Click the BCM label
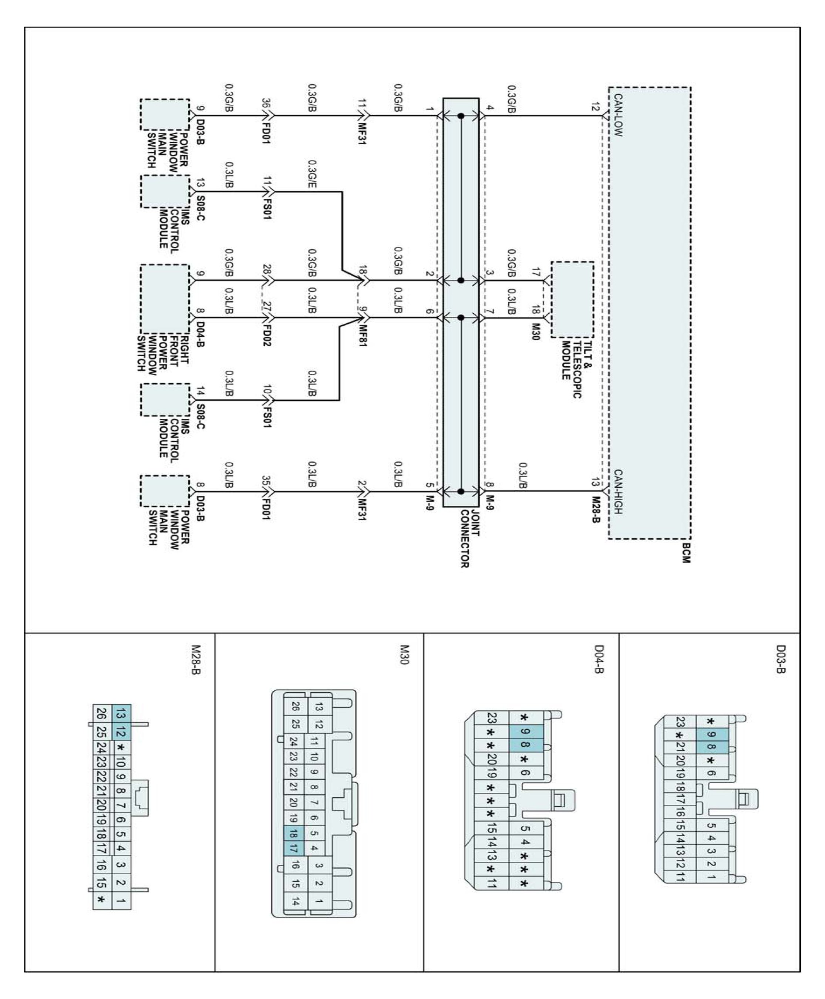click(685, 553)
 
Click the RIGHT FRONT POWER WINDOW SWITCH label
click(162, 352)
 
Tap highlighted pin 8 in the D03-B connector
click(711, 747)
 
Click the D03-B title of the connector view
click(781, 659)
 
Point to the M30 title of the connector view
click(404, 655)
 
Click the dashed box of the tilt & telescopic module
click(572, 299)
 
